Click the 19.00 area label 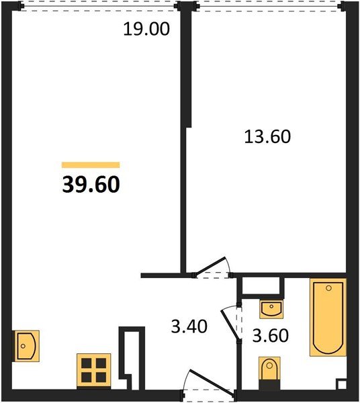(146, 29)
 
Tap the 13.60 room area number (267, 136)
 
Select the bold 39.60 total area (91, 185)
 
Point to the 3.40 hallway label (189, 326)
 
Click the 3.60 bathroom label (270, 335)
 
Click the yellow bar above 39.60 (91, 165)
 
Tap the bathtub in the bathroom (328, 318)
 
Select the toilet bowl (269, 369)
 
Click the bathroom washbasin (271, 309)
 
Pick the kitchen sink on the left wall (26, 346)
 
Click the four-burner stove (94, 370)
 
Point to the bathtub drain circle (328, 288)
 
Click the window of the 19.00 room (99, 6)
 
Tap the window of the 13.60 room (269, 6)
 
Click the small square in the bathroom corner (341, 385)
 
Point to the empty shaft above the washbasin (261, 286)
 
